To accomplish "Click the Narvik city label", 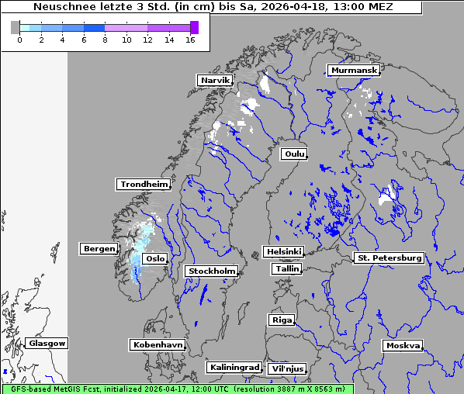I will (215, 80).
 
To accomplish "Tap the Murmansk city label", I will (354, 70).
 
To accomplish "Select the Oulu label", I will (294, 154).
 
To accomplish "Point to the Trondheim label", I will (144, 184).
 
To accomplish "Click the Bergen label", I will (98, 248).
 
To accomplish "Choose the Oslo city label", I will (155, 258).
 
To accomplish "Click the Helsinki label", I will (283, 251).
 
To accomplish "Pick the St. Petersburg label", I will (388, 257).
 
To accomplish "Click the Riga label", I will (281, 320).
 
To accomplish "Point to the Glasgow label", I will (47, 343).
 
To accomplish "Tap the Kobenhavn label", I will (158, 344).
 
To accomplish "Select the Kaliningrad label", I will (234, 367).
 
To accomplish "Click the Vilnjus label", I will (287, 368).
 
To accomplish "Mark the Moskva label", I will (403, 345).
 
